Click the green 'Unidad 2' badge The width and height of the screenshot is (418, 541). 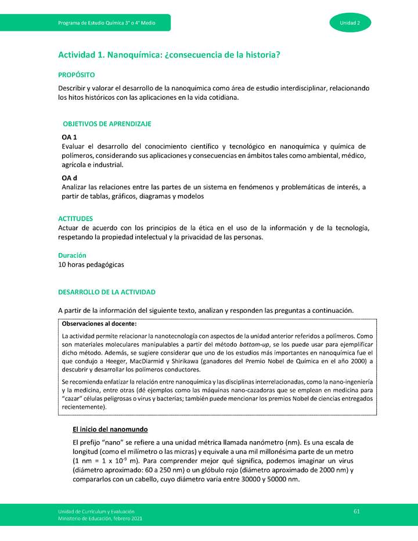350,23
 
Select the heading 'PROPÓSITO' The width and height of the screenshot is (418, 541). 77,75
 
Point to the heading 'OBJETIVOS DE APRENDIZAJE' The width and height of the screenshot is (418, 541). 107,124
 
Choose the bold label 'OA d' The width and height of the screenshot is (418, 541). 70,178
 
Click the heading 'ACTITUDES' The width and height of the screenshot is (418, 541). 75,218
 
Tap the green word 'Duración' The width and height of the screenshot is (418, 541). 72,255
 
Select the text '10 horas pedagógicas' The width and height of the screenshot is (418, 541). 91,264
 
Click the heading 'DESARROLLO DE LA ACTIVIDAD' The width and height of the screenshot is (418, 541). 107,291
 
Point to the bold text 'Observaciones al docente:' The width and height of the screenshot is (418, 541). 99,324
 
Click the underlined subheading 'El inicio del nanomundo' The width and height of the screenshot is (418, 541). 110,430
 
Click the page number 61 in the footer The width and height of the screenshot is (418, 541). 357,510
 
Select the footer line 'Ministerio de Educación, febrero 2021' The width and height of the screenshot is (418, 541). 99,518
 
